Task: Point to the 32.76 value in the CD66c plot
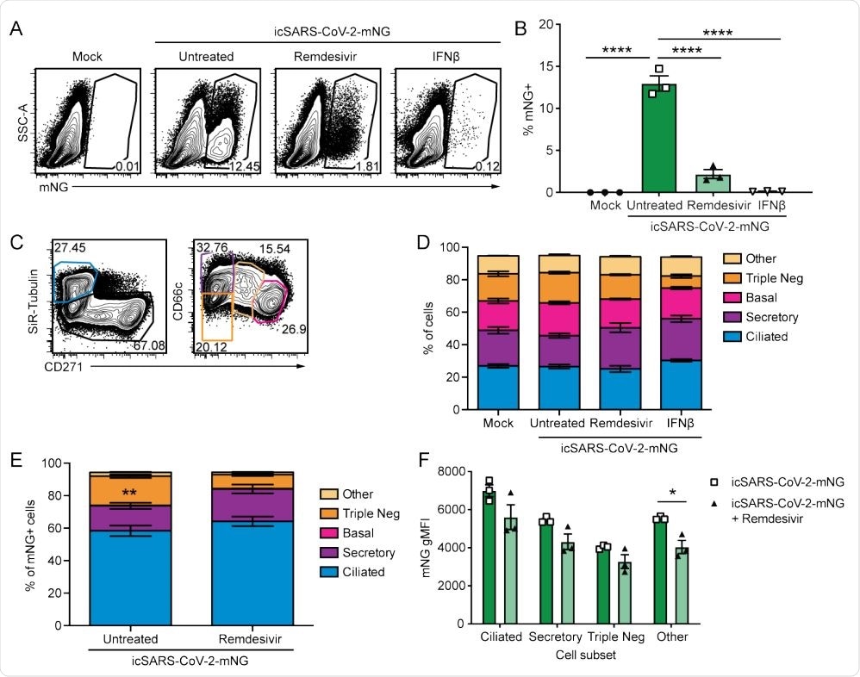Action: point(212,248)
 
